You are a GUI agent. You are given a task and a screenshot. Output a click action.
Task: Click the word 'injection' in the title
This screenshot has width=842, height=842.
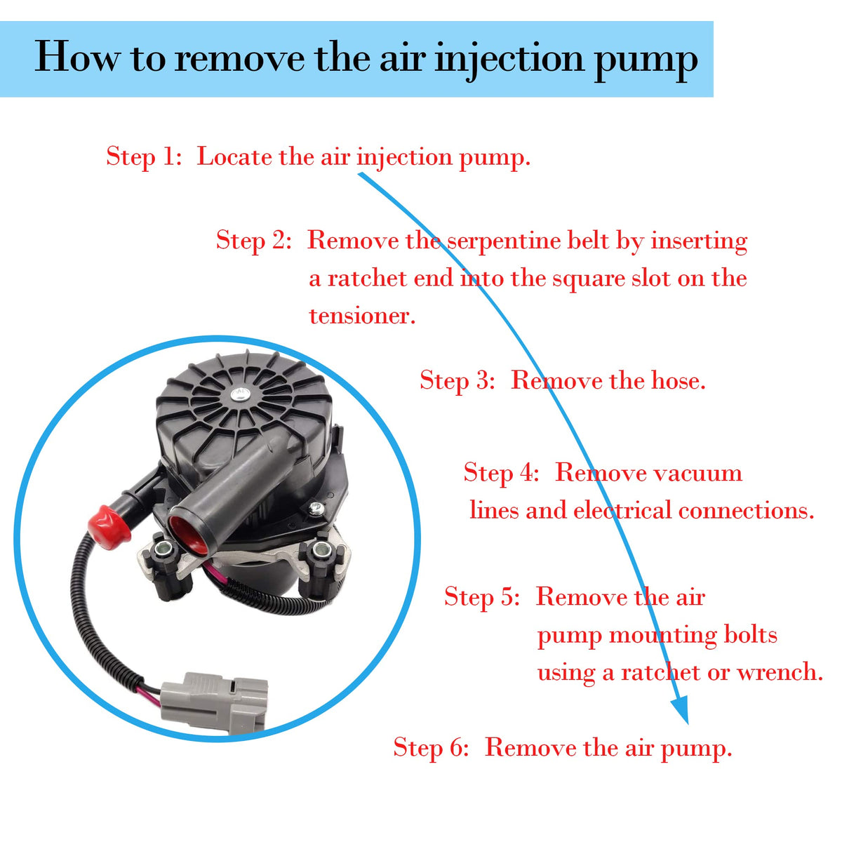pos(509,59)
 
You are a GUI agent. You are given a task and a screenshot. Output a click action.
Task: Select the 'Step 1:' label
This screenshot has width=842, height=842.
pos(144,157)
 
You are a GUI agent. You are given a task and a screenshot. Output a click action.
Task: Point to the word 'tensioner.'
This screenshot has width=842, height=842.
pos(362,316)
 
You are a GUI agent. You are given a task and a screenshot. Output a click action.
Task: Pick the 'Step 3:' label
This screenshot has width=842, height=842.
pos(457,380)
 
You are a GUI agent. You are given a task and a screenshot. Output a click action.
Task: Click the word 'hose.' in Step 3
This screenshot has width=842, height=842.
pos(678,380)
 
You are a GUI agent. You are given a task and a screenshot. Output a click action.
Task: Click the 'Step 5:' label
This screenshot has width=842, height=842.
pos(482,596)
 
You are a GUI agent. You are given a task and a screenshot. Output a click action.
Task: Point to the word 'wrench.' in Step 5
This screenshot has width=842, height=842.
pos(780,672)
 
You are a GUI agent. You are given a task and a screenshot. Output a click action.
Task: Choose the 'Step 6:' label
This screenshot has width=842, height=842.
pos(431,747)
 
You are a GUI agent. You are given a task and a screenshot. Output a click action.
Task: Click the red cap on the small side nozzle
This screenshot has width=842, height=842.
pos(108,527)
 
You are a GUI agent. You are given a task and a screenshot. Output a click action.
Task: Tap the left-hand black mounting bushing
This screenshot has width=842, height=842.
pos(166,568)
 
